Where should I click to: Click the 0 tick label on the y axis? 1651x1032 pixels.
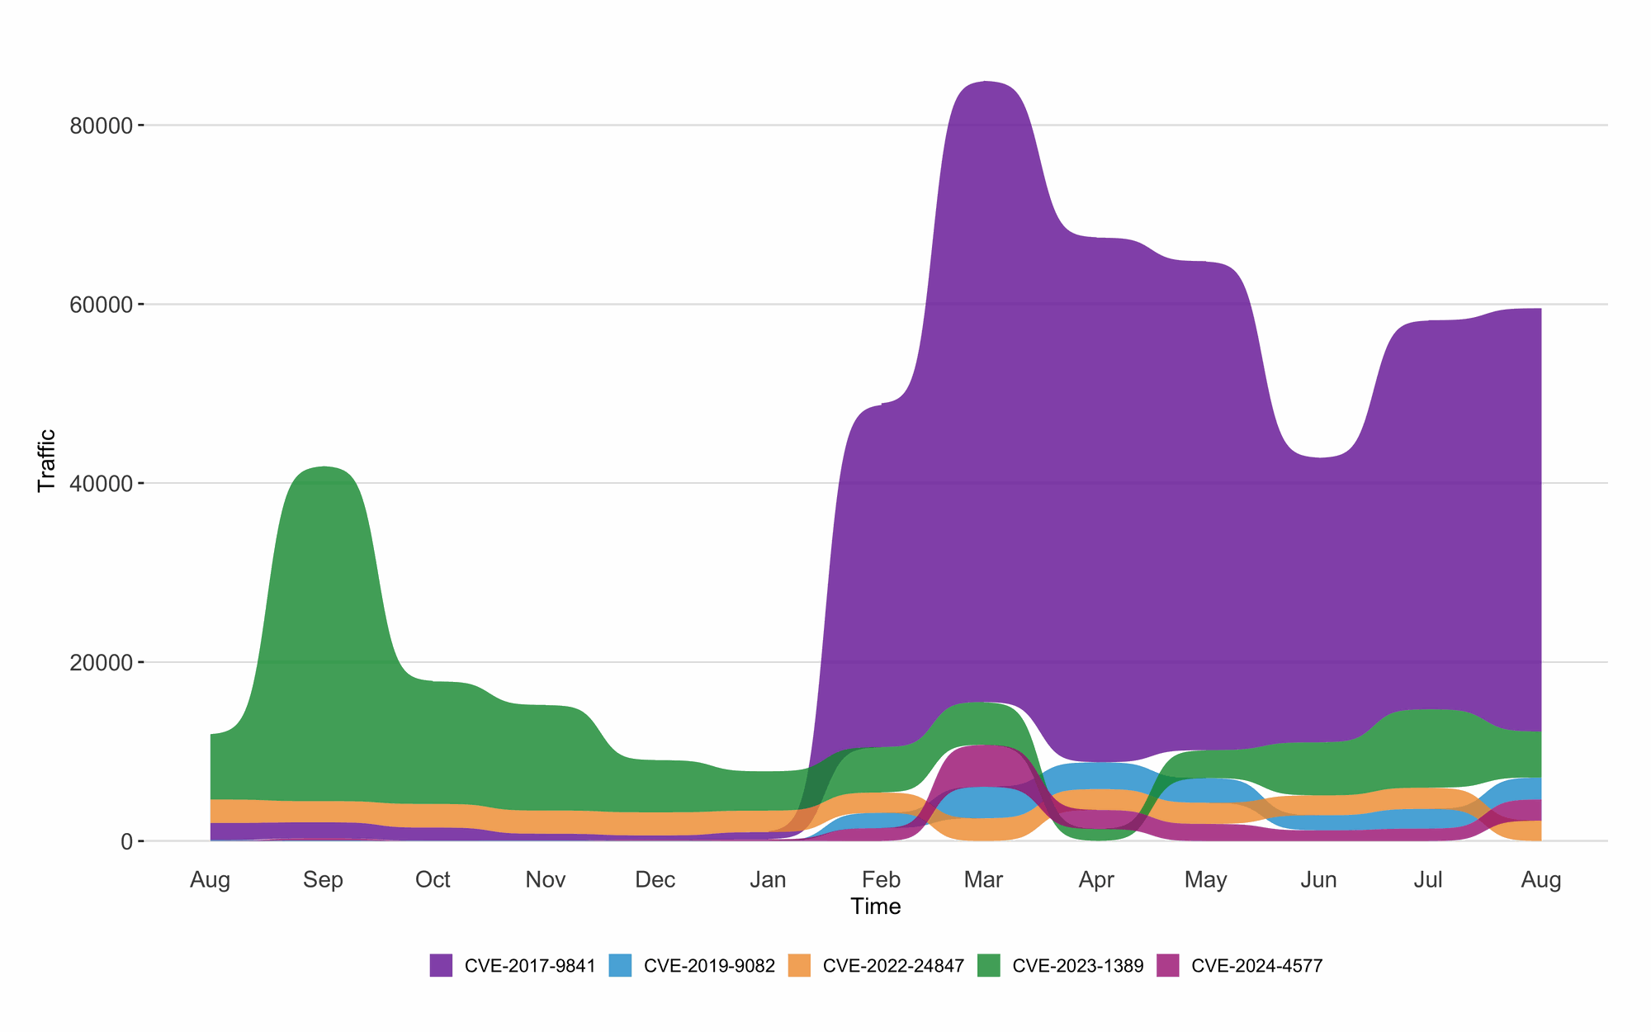(x=126, y=842)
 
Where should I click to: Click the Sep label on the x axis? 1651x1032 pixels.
(x=323, y=880)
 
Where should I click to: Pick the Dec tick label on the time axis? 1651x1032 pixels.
(x=655, y=880)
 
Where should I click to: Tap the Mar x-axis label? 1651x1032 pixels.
(x=983, y=880)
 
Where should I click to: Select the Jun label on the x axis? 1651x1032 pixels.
(x=1318, y=880)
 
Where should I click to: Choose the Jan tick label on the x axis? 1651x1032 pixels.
(x=768, y=880)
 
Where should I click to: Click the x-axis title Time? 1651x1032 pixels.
(x=876, y=907)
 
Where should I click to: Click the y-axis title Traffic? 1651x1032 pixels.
(x=47, y=461)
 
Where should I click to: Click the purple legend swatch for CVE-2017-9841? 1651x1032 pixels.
(x=441, y=965)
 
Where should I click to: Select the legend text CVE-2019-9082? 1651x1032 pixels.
(x=709, y=966)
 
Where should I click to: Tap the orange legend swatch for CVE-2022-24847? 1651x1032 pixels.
(x=799, y=965)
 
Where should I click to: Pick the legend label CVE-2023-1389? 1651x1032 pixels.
(x=1077, y=966)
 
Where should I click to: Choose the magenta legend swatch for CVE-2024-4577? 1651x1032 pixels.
(x=1167, y=965)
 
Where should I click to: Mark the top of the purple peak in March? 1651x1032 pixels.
(x=985, y=82)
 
